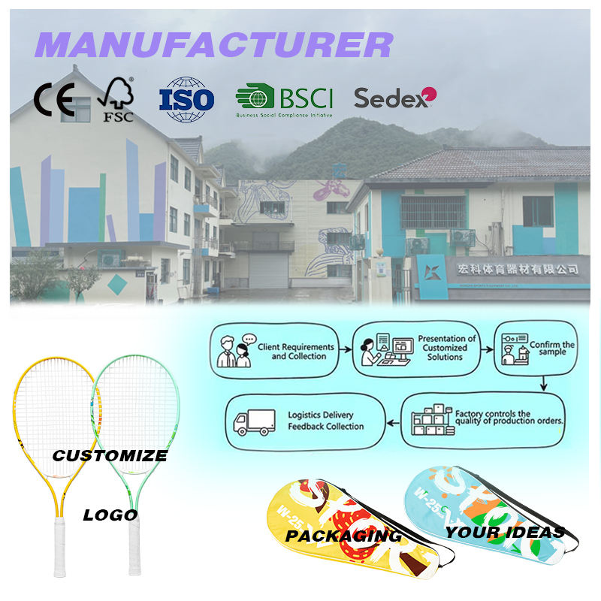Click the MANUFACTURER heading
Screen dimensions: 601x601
213,45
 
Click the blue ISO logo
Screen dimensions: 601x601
186,99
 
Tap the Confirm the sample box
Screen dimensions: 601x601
535,350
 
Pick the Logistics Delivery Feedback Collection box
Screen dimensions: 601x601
305,421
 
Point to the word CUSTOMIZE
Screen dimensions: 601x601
110,455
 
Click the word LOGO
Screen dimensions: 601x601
110,515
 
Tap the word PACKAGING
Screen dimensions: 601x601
343,536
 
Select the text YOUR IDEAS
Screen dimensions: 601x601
504,533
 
